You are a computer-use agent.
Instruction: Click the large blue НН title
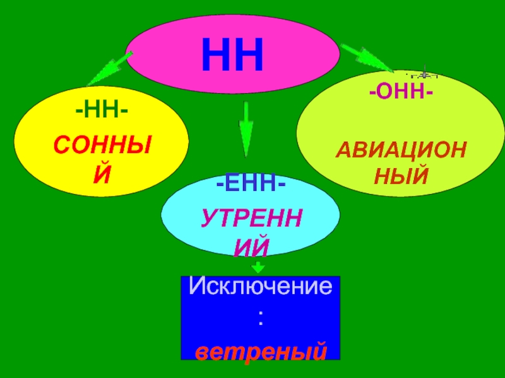[232, 55]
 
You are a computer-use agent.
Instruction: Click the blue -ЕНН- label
[250, 185]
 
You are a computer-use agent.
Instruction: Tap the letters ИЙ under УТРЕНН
[251, 246]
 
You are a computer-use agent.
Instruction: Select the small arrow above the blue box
[258, 267]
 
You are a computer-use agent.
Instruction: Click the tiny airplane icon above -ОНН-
[424, 71]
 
